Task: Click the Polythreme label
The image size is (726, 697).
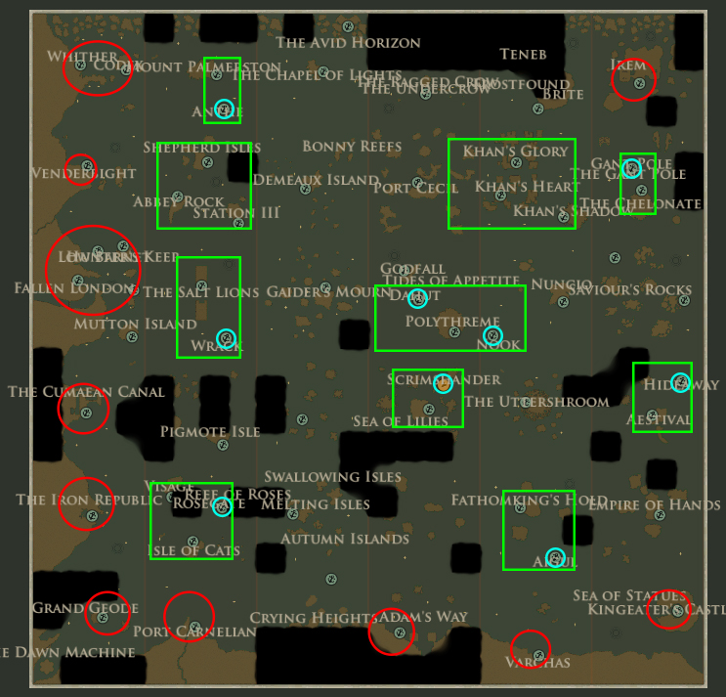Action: click(x=452, y=322)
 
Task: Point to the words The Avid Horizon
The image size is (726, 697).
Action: click(x=348, y=43)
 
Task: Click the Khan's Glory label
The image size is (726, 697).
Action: click(x=515, y=152)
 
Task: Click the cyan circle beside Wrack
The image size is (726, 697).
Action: click(x=226, y=338)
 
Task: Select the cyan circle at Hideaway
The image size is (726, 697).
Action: click(x=680, y=382)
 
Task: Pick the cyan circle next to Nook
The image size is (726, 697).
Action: click(x=491, y=336)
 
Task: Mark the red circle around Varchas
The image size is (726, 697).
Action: click(x=531, y=648)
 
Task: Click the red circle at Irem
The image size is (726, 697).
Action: click(x=633, y=81)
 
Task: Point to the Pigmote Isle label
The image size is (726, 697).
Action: click(x=210, y=431)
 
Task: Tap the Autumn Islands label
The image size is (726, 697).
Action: click(x=344, y=540)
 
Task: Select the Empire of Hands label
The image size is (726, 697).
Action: click(x=654, y=505)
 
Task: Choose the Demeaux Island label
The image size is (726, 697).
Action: click(x=316, y=180)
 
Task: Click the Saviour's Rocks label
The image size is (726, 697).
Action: click(x=629, y=290)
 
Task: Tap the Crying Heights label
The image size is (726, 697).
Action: click(x=313, y=618)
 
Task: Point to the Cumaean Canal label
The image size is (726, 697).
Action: click(x=86, y=392)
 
